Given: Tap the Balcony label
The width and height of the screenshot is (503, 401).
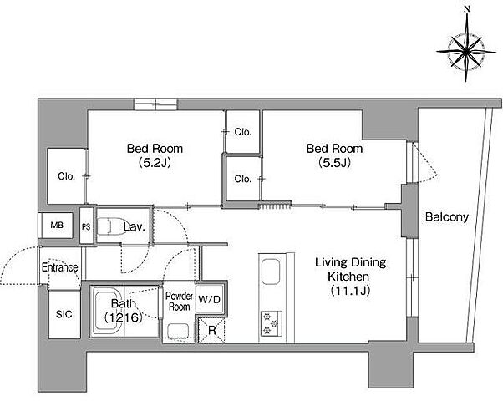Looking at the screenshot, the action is pos(447,217).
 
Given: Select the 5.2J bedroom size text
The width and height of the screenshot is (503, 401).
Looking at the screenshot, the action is pos(155,163).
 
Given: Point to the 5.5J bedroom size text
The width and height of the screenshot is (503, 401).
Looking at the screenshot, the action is pos(334,163).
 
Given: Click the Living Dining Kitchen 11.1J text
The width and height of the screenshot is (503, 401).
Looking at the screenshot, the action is pos(350,277).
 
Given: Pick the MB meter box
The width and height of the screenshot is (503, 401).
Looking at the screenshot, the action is pos(57,226).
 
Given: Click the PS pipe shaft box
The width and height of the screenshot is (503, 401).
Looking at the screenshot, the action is pos(86,226).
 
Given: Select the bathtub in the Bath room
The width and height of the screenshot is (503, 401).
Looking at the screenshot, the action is pos(107,311).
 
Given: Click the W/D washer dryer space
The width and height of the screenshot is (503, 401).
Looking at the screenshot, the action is pos(209,299).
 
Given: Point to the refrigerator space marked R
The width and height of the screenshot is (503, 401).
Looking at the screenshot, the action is pos(211,330).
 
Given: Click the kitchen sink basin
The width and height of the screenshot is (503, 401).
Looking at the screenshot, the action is pos(271,272).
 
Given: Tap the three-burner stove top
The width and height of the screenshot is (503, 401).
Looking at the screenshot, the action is pos(271,323).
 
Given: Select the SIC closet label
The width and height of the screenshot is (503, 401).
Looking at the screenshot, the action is pos(64,314).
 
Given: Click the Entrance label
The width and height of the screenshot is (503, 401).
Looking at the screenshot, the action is pos(60,267).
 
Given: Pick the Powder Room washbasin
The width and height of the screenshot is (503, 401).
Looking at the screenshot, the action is pos(177,332).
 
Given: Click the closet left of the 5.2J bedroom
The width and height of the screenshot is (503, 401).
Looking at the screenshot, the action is pos(66,175).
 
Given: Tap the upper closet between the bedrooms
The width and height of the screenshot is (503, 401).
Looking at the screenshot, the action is pos(242,131).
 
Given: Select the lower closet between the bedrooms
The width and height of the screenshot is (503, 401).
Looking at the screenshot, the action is pos(242,179).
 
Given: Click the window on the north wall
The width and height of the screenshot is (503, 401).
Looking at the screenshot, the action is pos(155,104).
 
